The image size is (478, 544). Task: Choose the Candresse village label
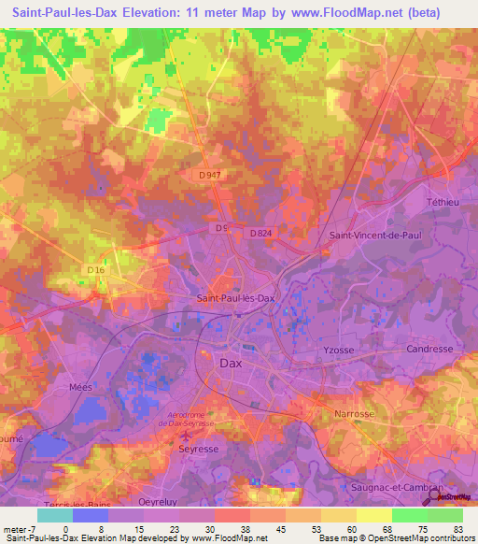[430, 349]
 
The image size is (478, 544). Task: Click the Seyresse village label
[197, 448]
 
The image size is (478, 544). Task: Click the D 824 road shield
[260, 233]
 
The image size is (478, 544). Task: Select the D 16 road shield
[96, 270]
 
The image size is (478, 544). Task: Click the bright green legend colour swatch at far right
[445, 514]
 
